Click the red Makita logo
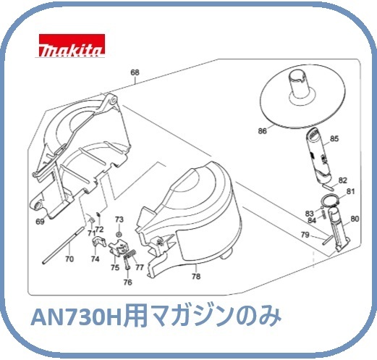pyautogui.click(x=72, y=46)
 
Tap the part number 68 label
pyautogui.click(x=135, y=72)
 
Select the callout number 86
pyautogui.click(x=263, y=131)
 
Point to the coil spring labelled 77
pyautogui.click(x=131, y=254)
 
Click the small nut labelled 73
pyautogui.click(x=119, y=234)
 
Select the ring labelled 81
pyautogui.click(x=330, y=201)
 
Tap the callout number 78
pyautogui.click(x=196, y=276)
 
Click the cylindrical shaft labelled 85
pyautogui.click(x=318, y=155)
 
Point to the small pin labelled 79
pyautogui.click(x=328, y=240)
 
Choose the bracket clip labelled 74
pyautogui.click(x=99, y=241)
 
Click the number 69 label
pyautogui.click(x=40, y=222)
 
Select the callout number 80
pyautogui.click(x=355, y=219)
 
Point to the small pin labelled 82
pyautogui.click(x=329, y=186)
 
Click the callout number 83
pyautogui.click(x=310, y=213)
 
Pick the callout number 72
pyautogui.click(x=99, y=229)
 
